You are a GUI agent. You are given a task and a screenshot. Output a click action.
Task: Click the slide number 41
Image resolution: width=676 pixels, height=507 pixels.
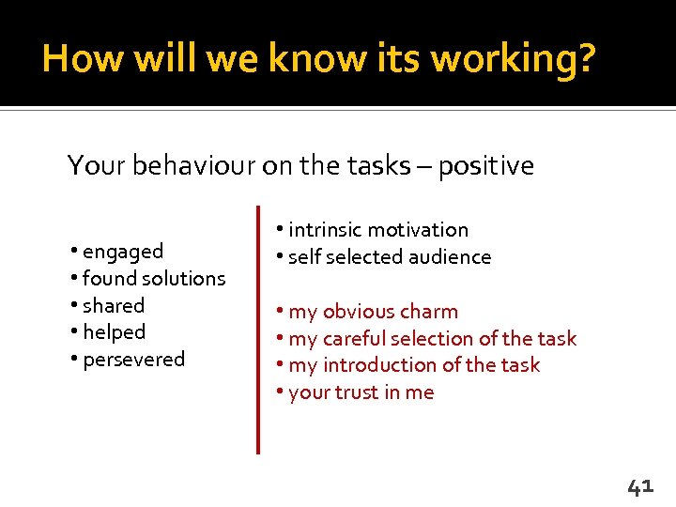[x=639, y=486]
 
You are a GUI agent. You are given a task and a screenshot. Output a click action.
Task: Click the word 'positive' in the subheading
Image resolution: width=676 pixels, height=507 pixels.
[x=485, y=167]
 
